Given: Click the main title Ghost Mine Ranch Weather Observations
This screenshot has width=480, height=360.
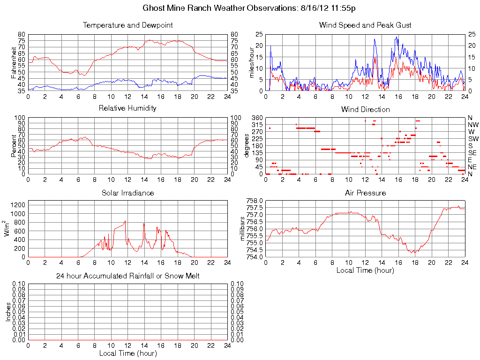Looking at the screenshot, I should (x=252, y=8).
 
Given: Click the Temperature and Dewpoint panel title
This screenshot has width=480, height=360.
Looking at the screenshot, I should (x=127, y=25).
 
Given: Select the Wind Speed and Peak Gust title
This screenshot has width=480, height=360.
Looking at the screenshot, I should (x=365, y=25).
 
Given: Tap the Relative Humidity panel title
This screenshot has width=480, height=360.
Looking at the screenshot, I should (x=127, y=108).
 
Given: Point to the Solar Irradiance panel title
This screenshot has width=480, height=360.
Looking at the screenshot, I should (x=127, y=193).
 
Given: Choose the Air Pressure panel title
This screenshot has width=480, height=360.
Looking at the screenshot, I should (x=365, y=193).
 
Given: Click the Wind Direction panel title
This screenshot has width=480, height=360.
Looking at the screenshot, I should (x=365, y=109).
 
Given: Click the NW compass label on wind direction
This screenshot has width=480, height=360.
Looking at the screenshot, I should (x=472, y=125).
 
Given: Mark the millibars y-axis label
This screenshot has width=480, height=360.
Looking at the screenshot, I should (x=243, y=228).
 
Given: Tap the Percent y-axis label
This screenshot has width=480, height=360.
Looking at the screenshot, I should (x=14, y=146).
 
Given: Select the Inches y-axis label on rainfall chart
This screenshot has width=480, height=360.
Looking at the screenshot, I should (x=8, y=312).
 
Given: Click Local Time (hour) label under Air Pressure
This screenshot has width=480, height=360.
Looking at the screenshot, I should (x=365, y=270).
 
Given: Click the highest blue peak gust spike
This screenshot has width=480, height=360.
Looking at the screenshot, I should (x=397, y=37).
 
